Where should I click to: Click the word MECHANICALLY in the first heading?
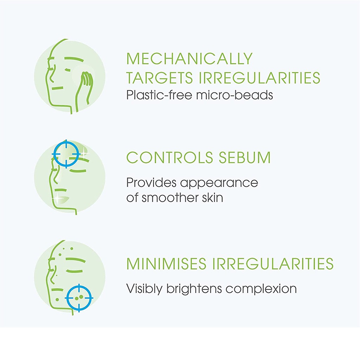189,59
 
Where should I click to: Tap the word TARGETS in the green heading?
160,78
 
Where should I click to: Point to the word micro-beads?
234,95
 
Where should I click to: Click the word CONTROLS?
170,157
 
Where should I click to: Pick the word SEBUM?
245,157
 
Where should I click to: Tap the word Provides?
151,183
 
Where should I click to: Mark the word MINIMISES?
166,264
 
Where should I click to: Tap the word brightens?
194,289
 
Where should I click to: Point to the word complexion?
261,289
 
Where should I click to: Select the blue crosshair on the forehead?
66,154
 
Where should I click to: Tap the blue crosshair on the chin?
79,298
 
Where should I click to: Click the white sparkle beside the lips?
57,198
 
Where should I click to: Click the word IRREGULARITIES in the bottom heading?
273,264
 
